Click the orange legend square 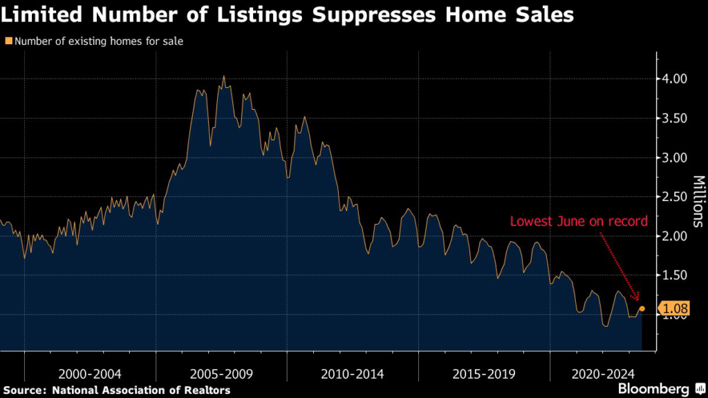tap(8, 41)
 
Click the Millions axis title tap(697, 201)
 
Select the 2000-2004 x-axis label tap(90, 374)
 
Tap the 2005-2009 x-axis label tap(221, 374)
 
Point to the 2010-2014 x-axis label tap(353, 374)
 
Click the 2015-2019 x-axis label tap(484, 374)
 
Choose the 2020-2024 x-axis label tap(604, 374)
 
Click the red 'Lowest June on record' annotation tap(579, 222)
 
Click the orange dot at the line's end tap(642, 308)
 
